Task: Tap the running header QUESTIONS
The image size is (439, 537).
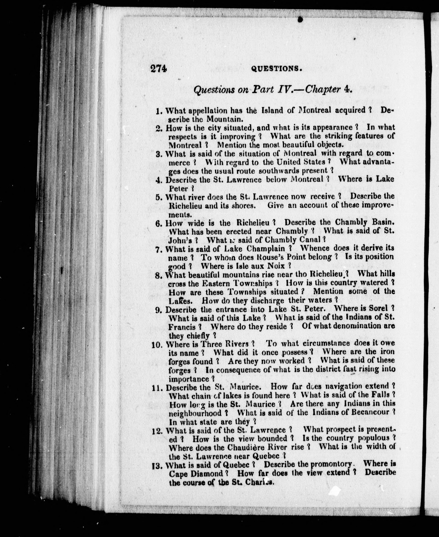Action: [x=276, y=69]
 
